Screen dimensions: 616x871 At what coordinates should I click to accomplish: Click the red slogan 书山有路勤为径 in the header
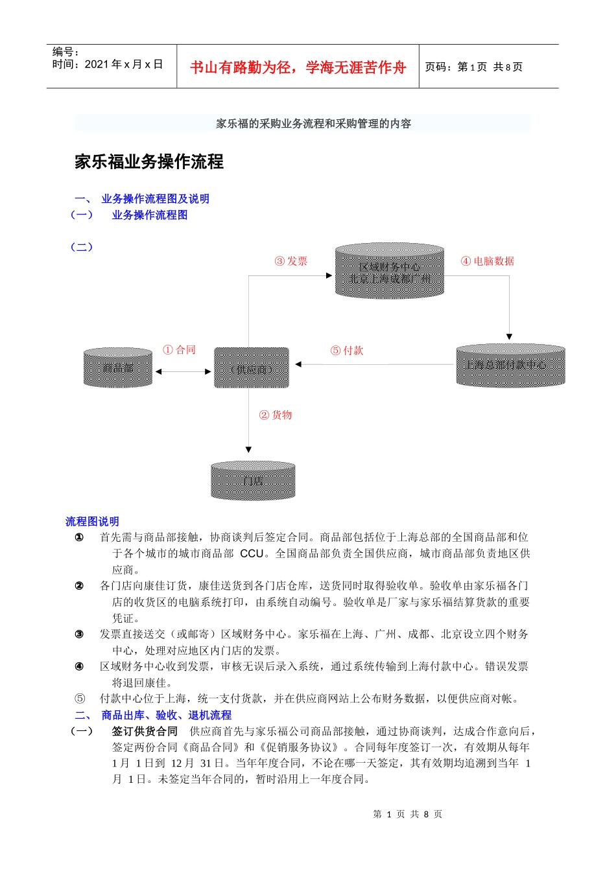[x=298, y=67]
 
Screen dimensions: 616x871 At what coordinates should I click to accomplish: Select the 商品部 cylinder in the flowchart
[x=118, y=367]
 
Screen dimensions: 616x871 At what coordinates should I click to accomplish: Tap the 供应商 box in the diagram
[x=252, y=368]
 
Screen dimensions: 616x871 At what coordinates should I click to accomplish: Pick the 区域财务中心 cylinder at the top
[x=389, y=272]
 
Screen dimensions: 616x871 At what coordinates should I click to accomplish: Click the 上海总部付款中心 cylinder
[x=510, y=366]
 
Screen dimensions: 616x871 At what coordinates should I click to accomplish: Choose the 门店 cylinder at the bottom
[x=253, y=481]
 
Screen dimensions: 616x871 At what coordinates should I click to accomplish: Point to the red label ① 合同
[x=179, y=350]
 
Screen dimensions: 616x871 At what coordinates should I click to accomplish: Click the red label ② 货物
[x=276, y=415]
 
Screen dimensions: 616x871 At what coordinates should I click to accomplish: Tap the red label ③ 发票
[x=291, y=261]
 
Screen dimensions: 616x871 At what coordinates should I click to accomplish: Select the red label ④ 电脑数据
[x=488, y=261]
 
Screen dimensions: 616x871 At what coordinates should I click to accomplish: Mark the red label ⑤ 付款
[x=347, y=351]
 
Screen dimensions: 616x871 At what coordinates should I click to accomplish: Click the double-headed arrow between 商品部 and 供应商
[x=184, y=372]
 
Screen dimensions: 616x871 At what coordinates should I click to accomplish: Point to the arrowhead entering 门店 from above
[x=248, y=450]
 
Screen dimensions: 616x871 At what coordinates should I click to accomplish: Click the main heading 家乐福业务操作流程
[x=149, y=162]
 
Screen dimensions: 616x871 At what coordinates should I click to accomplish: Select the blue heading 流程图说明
[x=92, y=521]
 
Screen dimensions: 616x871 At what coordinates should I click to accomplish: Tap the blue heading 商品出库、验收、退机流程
[x=166, y=715]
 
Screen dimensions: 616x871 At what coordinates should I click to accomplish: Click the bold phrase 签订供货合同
[x=145, y=731]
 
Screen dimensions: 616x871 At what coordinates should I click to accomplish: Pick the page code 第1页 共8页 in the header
[x=474, y=67]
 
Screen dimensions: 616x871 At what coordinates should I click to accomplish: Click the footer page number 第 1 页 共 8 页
[x=408, y=814]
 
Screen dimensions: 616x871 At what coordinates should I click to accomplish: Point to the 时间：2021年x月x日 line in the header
[x=108, y=64]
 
